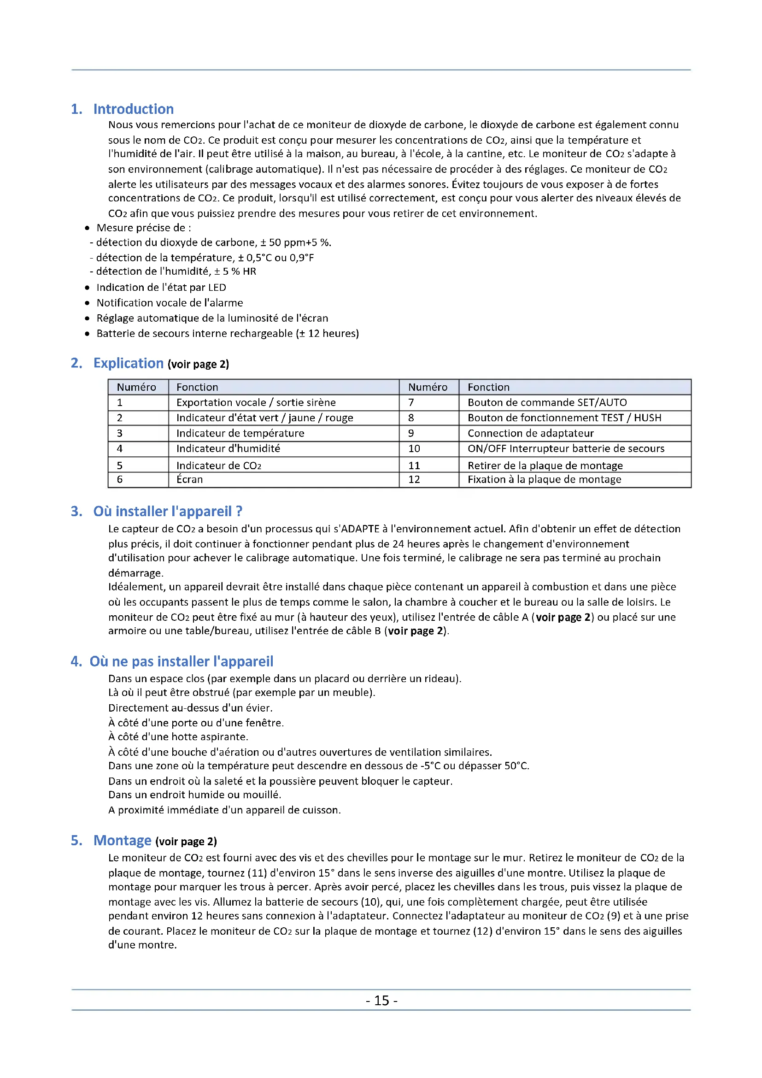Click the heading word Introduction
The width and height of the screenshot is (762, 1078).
coord(133,109)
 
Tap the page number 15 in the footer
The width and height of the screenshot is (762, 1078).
coord(381,1001)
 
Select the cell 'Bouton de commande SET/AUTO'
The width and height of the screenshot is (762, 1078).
coord(547,402)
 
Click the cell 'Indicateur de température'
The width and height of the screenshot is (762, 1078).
coord(240,433)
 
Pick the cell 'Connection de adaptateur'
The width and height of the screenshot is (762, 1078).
coord(531,433)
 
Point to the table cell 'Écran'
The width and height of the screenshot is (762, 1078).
coord(189,479)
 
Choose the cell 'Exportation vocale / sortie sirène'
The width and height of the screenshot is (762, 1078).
coord(256,402)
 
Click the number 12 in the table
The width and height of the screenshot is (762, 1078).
coord(414,479)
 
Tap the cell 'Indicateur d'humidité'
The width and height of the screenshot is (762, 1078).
coord(228,448)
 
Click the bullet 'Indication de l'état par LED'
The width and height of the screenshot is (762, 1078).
coord(161,287)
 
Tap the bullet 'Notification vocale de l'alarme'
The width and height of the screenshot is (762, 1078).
coord(170,303)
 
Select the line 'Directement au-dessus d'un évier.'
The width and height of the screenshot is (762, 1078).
coord(190,707)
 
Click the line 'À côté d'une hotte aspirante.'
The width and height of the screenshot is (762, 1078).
coord(178,736)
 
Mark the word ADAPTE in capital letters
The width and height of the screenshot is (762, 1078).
coord(360,529)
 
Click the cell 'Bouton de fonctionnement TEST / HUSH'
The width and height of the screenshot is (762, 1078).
coord(564,418)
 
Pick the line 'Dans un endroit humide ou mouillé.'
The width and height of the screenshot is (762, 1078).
coord(194,795)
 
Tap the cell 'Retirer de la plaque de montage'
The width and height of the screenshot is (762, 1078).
coord(545,465)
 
